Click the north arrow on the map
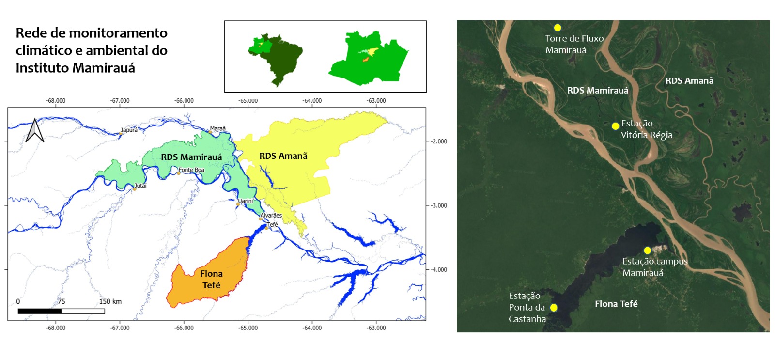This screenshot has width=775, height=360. pos(34,130)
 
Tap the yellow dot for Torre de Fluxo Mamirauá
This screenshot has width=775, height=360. pos(558,28)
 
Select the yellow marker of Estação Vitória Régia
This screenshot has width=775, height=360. pos(615,126)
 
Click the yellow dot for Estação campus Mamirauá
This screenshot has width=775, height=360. pos(647,250)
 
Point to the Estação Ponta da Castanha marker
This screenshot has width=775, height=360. pos(554,308)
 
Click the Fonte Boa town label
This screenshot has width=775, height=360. pos(191,170)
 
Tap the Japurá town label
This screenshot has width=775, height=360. pos(129,130)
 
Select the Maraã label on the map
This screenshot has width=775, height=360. pos(218,128)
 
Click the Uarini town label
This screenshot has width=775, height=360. pos(246,201)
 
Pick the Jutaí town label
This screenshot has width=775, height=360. pos(140,186)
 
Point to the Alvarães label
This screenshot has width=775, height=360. pos(271,215)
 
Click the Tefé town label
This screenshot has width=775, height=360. pos(273,224)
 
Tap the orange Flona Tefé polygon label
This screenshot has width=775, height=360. pos(211,280)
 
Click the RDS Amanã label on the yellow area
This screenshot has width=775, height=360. pos(283,156)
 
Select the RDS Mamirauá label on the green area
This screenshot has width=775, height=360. pos(191,157)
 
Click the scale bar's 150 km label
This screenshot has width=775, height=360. pos(110,301)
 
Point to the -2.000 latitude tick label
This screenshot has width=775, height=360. pos(439,141)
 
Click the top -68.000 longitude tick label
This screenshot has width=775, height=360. pos(56,101)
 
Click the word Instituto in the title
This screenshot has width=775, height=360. pos(43,68)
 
